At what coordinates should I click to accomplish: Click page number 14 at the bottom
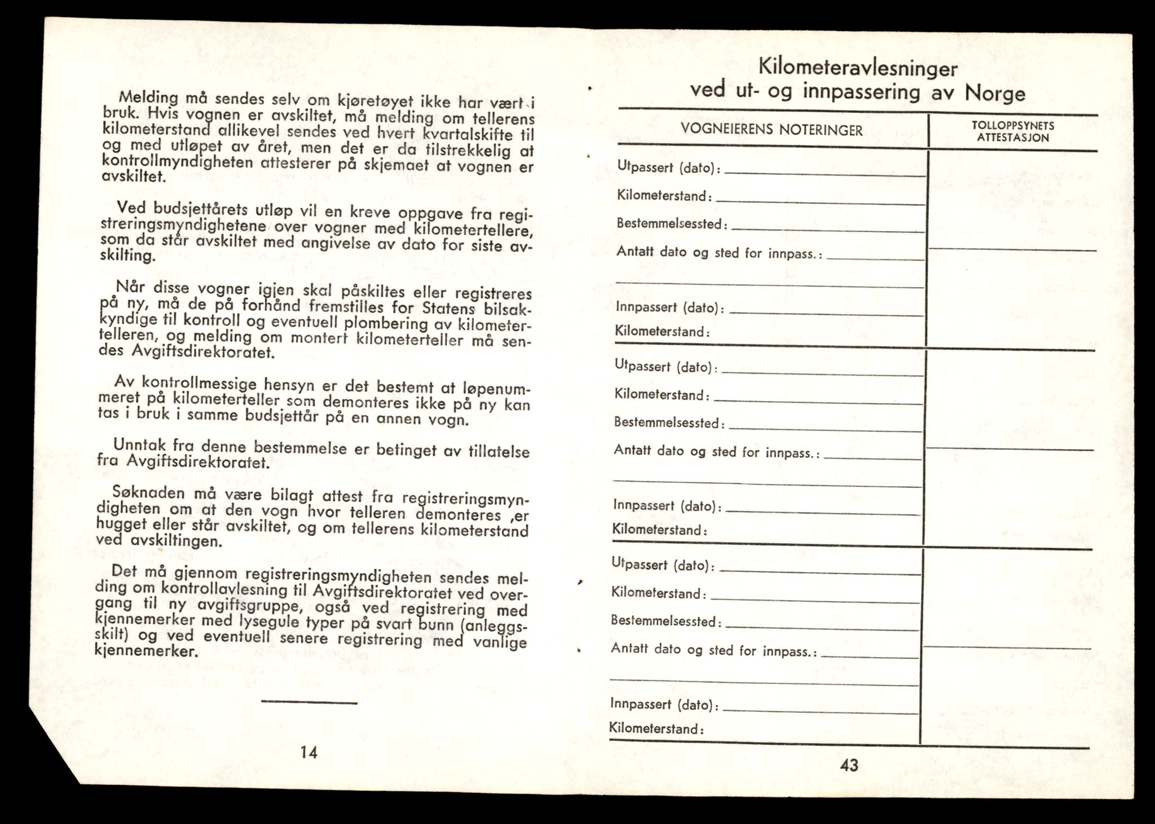click(x=309, y=752)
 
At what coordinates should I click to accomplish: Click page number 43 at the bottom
click(x=849, y=765)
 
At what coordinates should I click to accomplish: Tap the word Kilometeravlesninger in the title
click(x=858, y=68)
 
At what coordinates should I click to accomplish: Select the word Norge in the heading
click(x=995, y=92)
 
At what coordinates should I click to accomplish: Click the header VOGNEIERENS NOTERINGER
click(x=771, y=130)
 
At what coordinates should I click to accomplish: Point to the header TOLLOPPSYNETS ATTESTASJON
click(x=1013, y=131)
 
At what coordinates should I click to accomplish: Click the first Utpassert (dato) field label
click(x=669, y=168)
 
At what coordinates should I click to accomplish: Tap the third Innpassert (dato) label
click(x=664, y=704)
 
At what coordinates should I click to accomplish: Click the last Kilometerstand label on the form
click(x=656, y=729)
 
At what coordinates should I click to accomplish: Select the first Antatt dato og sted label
click(x=718, y=252)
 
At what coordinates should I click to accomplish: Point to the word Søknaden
click(x=148, y=493)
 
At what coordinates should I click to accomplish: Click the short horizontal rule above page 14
click(x=309, y=703)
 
